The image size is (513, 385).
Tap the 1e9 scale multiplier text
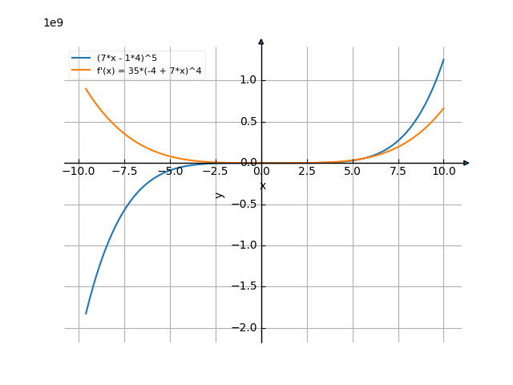point(53,22)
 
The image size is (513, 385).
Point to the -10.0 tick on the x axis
point(79,171)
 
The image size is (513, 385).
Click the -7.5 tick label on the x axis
point(124,171)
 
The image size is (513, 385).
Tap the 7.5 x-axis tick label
point(398,171)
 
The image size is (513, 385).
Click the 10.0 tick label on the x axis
point(443,171)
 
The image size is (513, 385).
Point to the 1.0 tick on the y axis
point(248,80)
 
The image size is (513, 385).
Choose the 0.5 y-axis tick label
point(248,122)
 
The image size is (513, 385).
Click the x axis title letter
point(262,186)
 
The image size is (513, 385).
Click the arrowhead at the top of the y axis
point(261,41)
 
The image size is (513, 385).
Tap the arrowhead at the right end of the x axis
point(467,163)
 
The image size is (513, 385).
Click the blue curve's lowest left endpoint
point(86,314)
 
